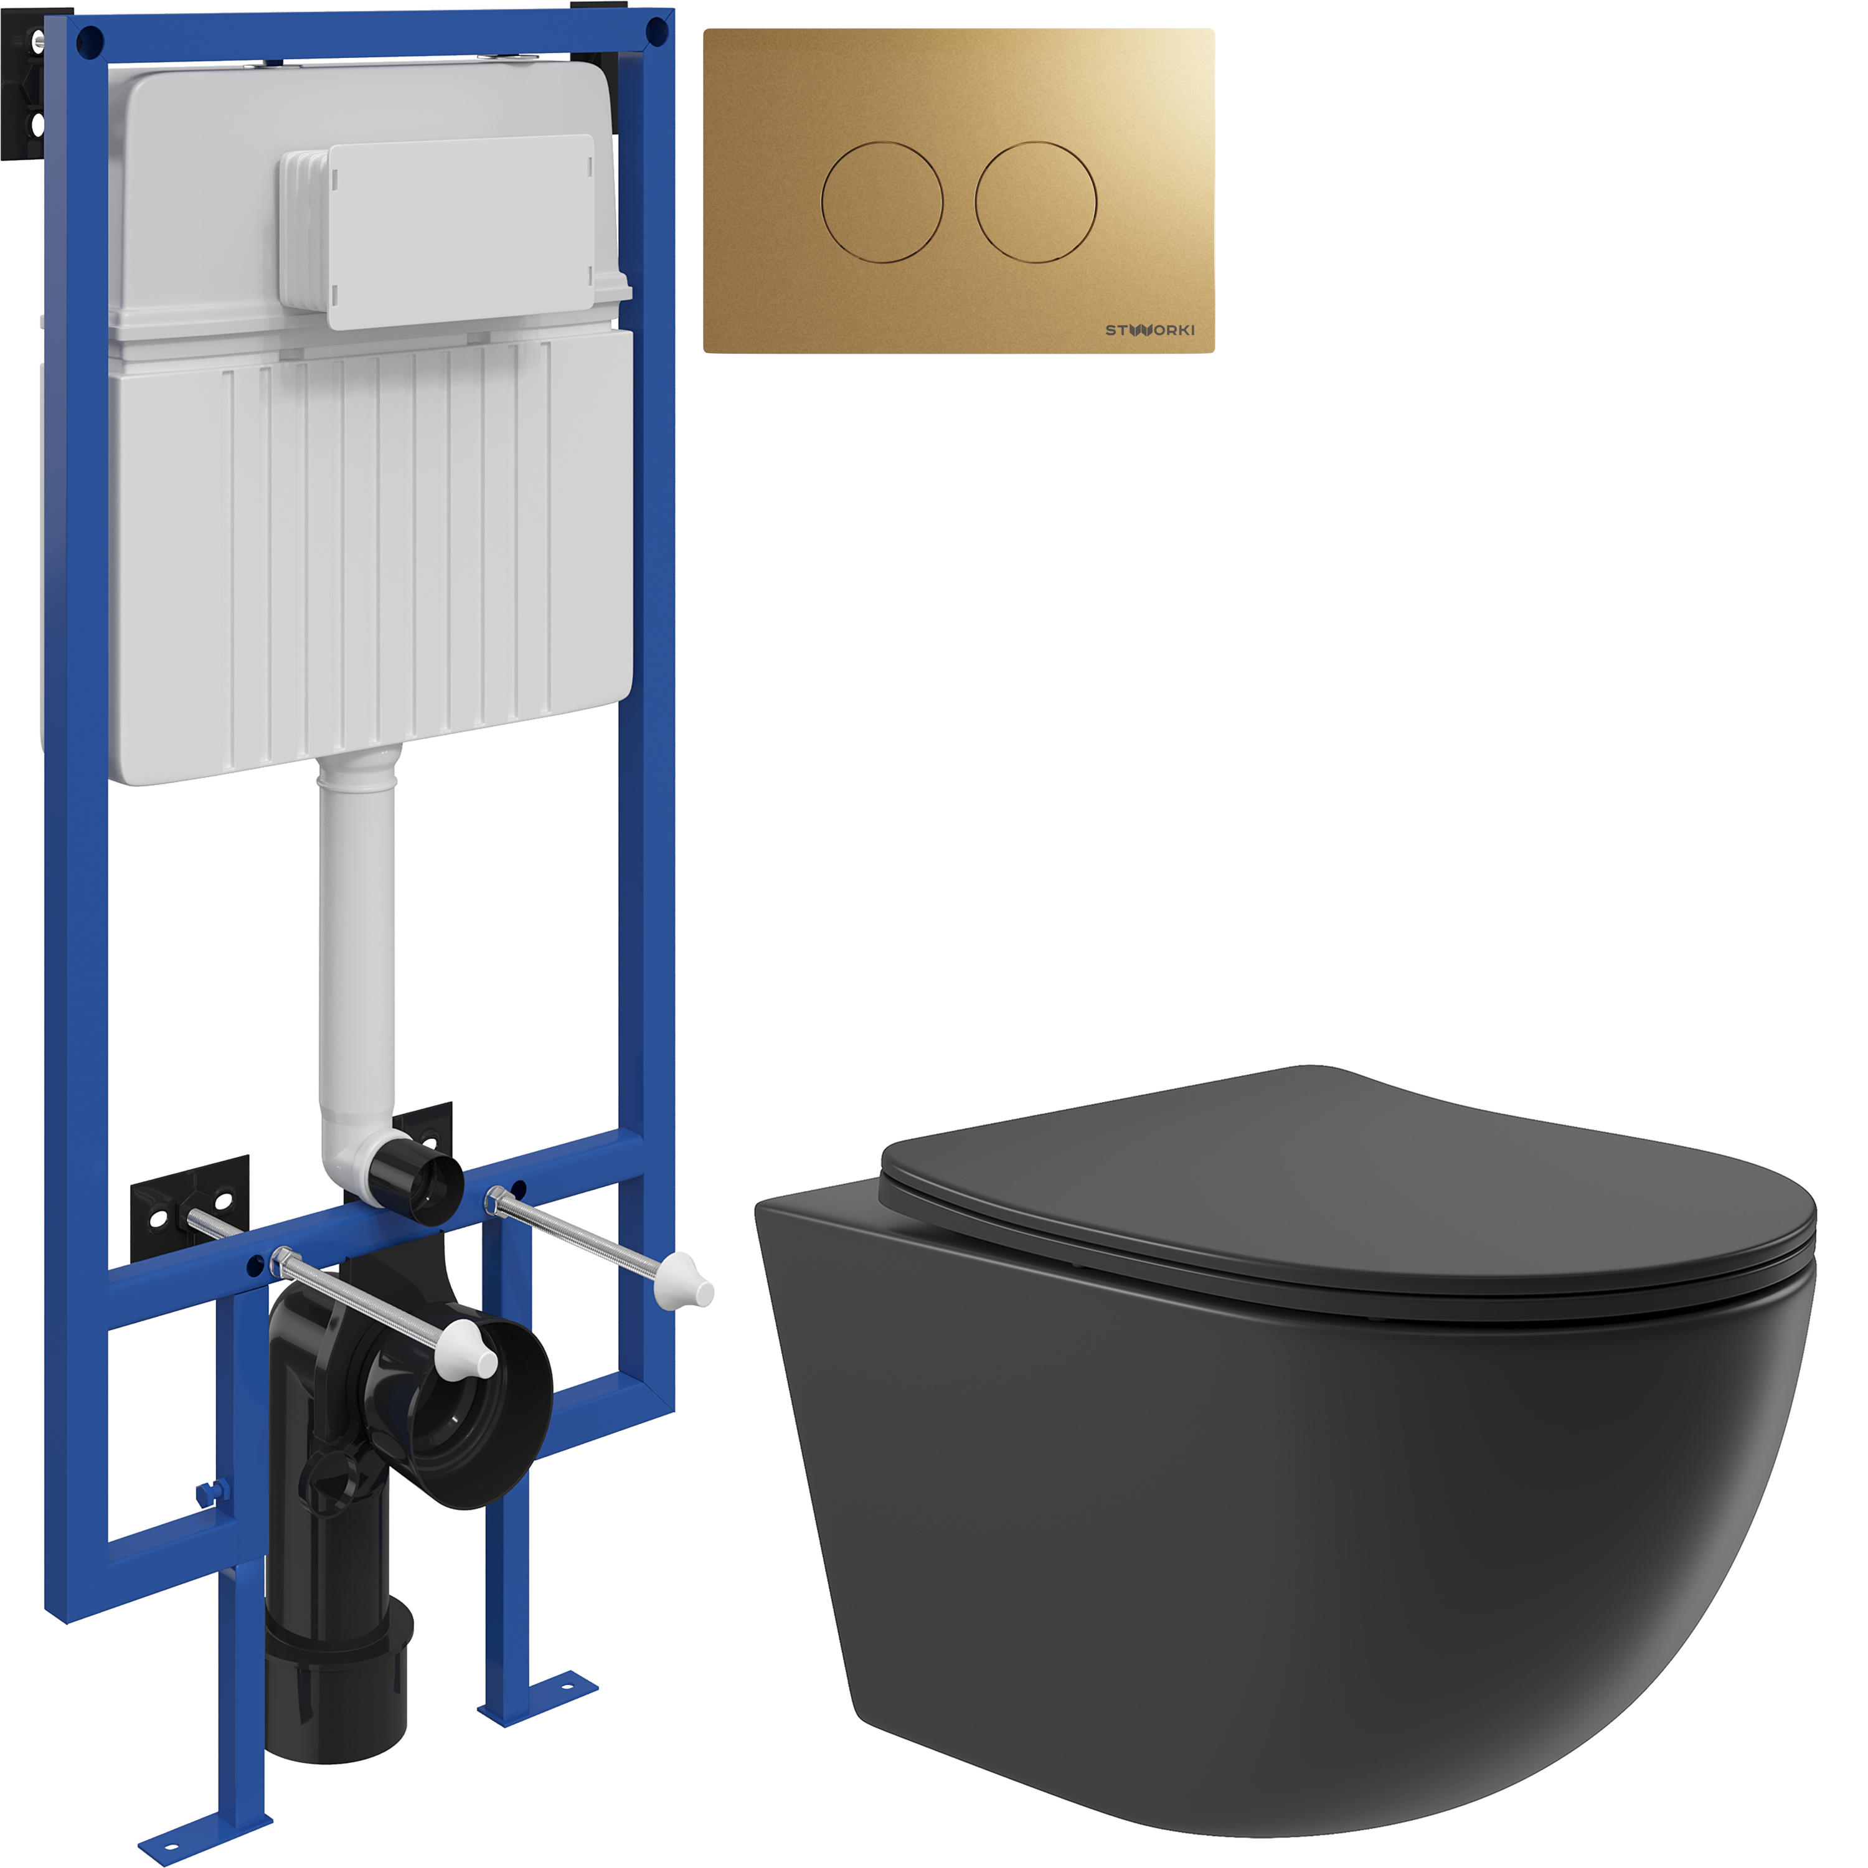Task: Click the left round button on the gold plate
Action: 882,202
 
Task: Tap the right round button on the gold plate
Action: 1035,202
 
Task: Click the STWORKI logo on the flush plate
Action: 1149,330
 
